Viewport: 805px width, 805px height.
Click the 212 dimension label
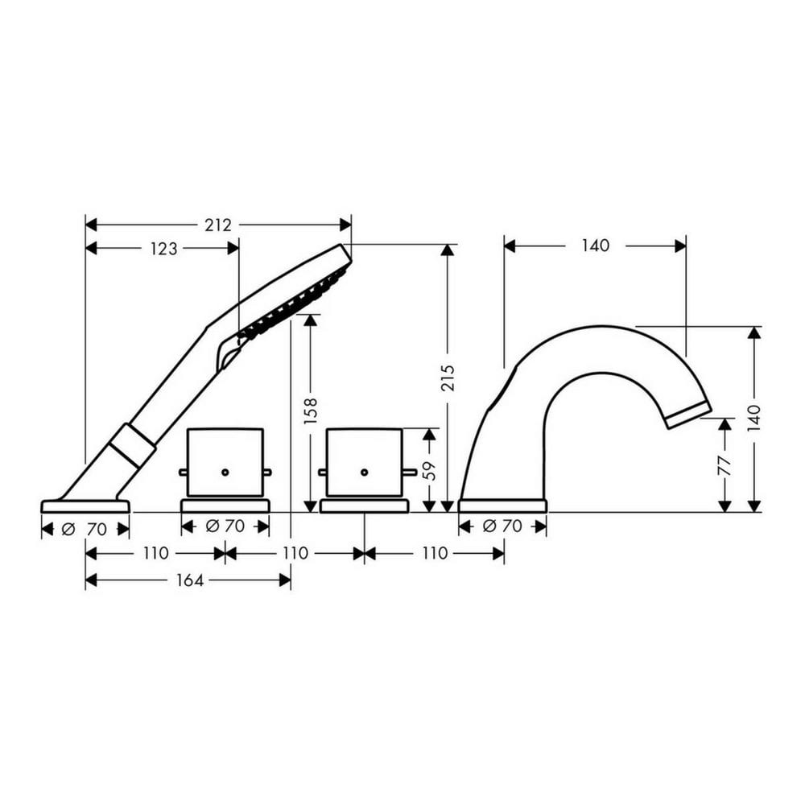click(218, 225)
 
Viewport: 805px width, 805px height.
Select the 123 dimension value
click(163, 249)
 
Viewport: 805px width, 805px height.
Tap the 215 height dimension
click(448, 378)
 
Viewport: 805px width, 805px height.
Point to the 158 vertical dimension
click(311, 411)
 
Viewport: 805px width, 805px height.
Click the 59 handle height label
click(429, 471)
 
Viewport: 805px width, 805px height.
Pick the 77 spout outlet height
click(724, 466)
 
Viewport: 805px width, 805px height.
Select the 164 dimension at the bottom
click(190, 580)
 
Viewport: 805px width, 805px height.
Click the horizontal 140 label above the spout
click(596, 246)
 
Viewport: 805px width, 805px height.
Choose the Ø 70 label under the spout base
click(502, 526)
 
